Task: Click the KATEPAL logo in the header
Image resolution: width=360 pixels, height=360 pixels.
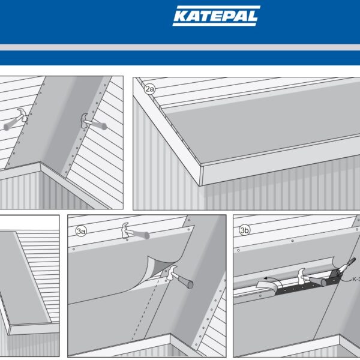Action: click(x=216, y=16)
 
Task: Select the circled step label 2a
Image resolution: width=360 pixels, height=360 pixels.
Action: click(x=149, y=89)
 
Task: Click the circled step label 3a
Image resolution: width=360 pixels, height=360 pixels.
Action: click(x=81, y=231)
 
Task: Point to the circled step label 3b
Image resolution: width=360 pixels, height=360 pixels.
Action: click(x=244, y=230)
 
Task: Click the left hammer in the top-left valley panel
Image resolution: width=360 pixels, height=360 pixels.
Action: click(x=16, y=119)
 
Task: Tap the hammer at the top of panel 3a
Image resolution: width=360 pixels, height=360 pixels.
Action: click(x=135, y=231)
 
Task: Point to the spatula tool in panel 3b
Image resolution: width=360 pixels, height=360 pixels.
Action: click(x=343, y=268)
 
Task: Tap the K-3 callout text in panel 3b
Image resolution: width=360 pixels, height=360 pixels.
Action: click(x=356, y=280)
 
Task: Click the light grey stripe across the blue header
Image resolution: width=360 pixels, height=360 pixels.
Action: click(x=180, y=47)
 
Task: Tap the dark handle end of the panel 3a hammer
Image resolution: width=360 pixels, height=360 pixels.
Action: click(x=190, y=284)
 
